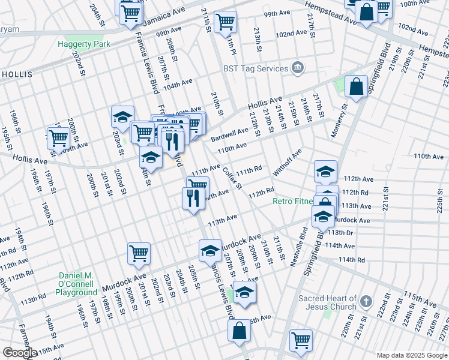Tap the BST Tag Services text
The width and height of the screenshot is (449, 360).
[x=255, y=68]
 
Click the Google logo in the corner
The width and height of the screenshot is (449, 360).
[x=20, y=353]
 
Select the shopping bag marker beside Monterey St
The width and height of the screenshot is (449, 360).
[x=356, y=87]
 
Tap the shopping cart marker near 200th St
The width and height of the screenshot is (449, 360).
[x=59, y=139]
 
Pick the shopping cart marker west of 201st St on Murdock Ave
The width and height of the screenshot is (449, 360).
[x=139, y=254]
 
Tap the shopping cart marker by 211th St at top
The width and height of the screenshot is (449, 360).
[x=225, y=22]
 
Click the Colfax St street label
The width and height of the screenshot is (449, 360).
[x=232, y=178]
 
